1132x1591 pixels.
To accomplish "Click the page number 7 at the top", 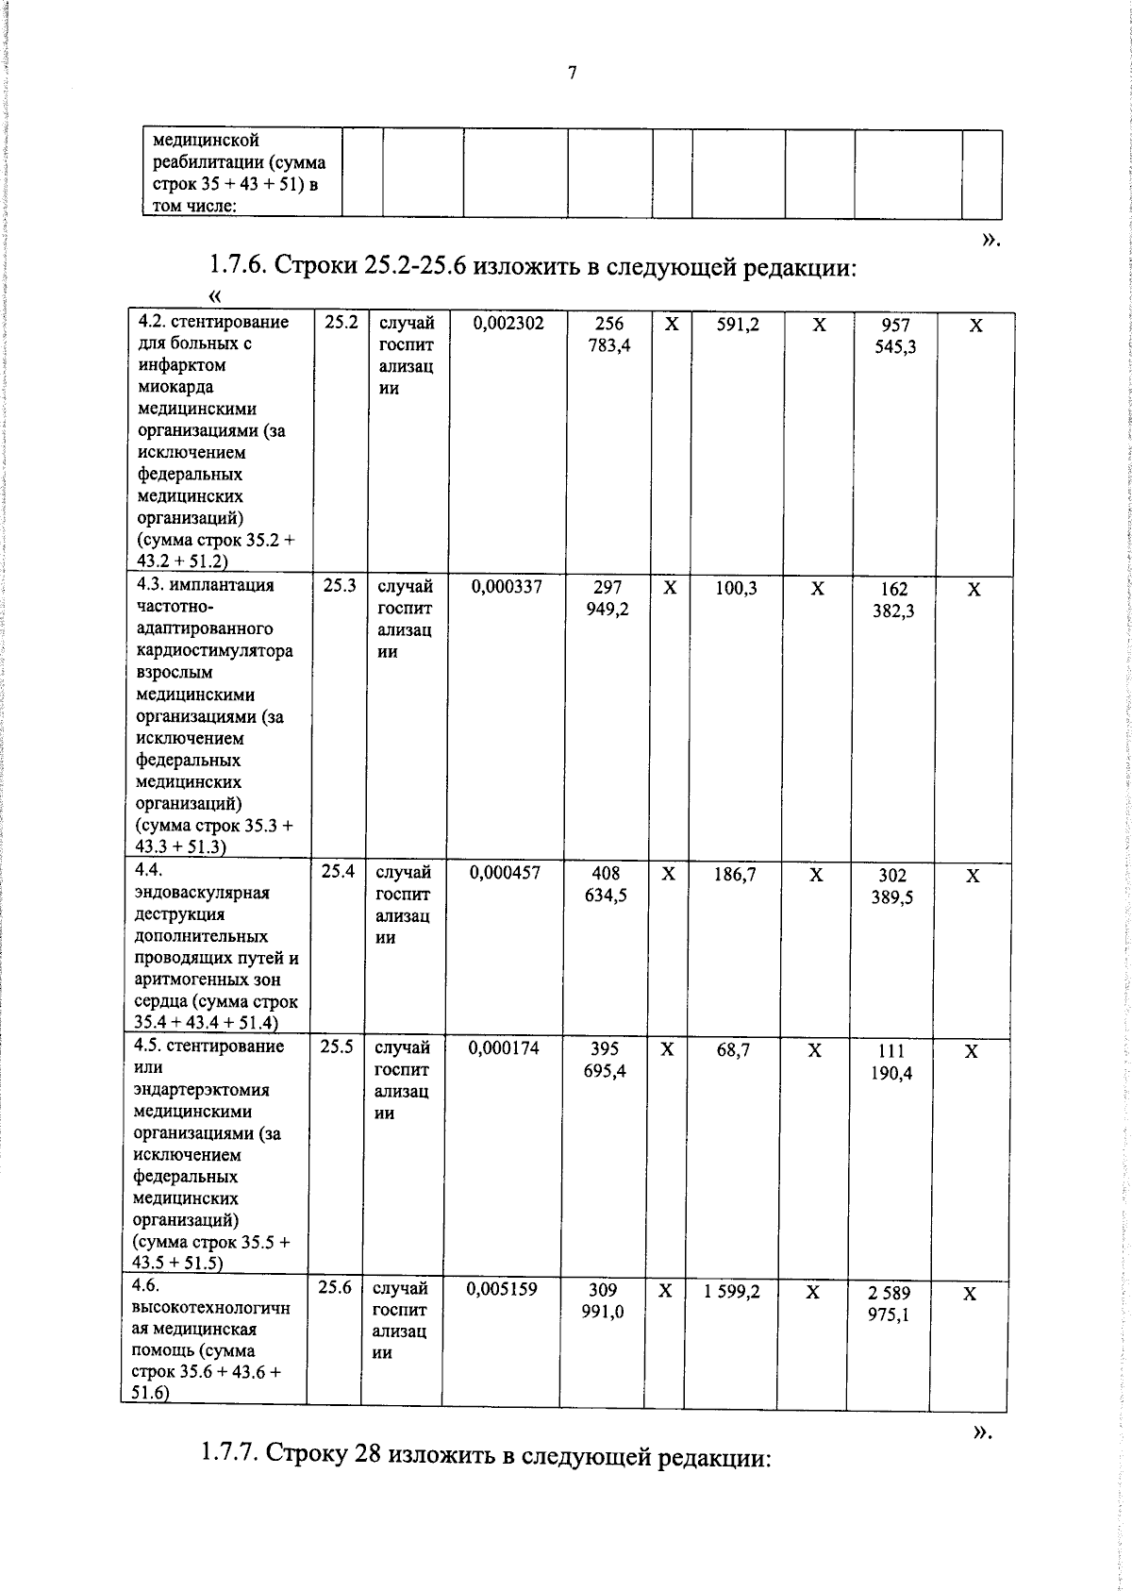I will [572, 74].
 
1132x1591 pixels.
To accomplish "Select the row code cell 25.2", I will [341, 322].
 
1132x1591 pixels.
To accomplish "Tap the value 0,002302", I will [508, 324].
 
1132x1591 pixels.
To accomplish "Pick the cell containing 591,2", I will [738, 325].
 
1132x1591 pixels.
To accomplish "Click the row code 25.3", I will [340, 585].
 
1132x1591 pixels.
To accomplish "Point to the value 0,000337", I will [507, 587].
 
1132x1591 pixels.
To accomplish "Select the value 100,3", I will [736, 588].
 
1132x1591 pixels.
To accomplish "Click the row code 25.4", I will [338, 871].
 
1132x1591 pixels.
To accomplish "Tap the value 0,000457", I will [505, 873].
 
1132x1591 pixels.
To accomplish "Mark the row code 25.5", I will [337, 1047].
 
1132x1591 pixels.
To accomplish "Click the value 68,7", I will [733, 1049].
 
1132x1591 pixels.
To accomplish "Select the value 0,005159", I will [502, 1289].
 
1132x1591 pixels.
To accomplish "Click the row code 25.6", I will [335, 1287].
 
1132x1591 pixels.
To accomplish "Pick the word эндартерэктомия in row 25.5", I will [201, 1090].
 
